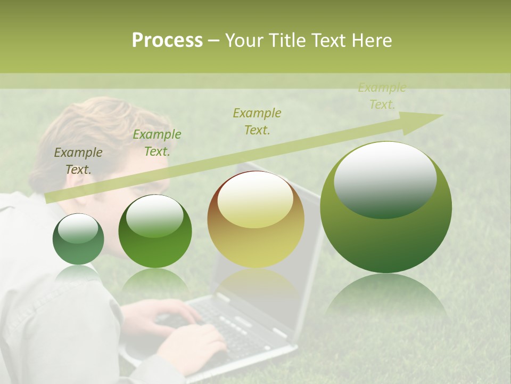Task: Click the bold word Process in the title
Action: click(167, 41)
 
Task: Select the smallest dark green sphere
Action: click(78, 239)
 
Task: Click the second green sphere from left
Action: click(155, 231)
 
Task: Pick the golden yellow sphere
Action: click(256, 219)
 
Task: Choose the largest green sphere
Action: click(386, 207)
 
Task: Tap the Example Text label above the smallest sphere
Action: click(78, 161)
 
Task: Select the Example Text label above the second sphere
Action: click(156, 143)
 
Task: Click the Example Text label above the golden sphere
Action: click(257, 121)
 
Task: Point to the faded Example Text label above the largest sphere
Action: click(382, 96)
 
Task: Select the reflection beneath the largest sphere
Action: click(386, 299)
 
